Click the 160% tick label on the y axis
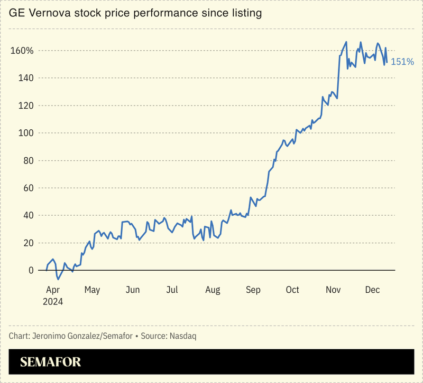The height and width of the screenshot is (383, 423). [22, 51]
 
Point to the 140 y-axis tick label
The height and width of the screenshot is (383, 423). [24, 78]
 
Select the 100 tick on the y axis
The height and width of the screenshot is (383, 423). [24, 133]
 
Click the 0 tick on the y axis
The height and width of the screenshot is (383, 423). [31, 270]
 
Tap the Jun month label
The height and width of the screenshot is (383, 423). [132, 290]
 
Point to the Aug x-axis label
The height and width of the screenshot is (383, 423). [212, 290]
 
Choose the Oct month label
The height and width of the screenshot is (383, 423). [292, 290]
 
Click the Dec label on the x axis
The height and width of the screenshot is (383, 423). [373, 290]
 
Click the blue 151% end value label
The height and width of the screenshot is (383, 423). [402, 62]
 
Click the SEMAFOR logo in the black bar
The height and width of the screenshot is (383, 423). [50, 362]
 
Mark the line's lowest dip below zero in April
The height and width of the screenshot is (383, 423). [58, 279]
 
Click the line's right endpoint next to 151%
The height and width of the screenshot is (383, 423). [387, 62]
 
